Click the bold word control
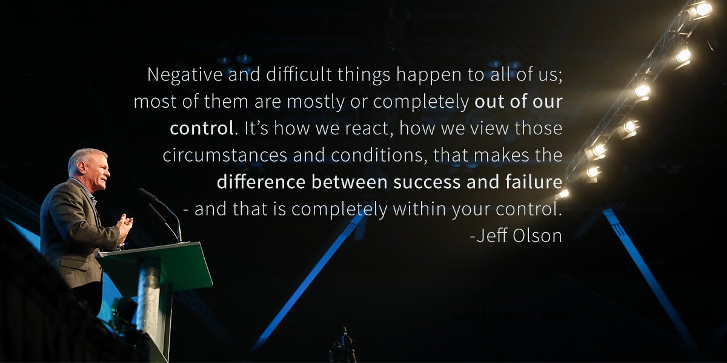[x=202, y=128]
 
